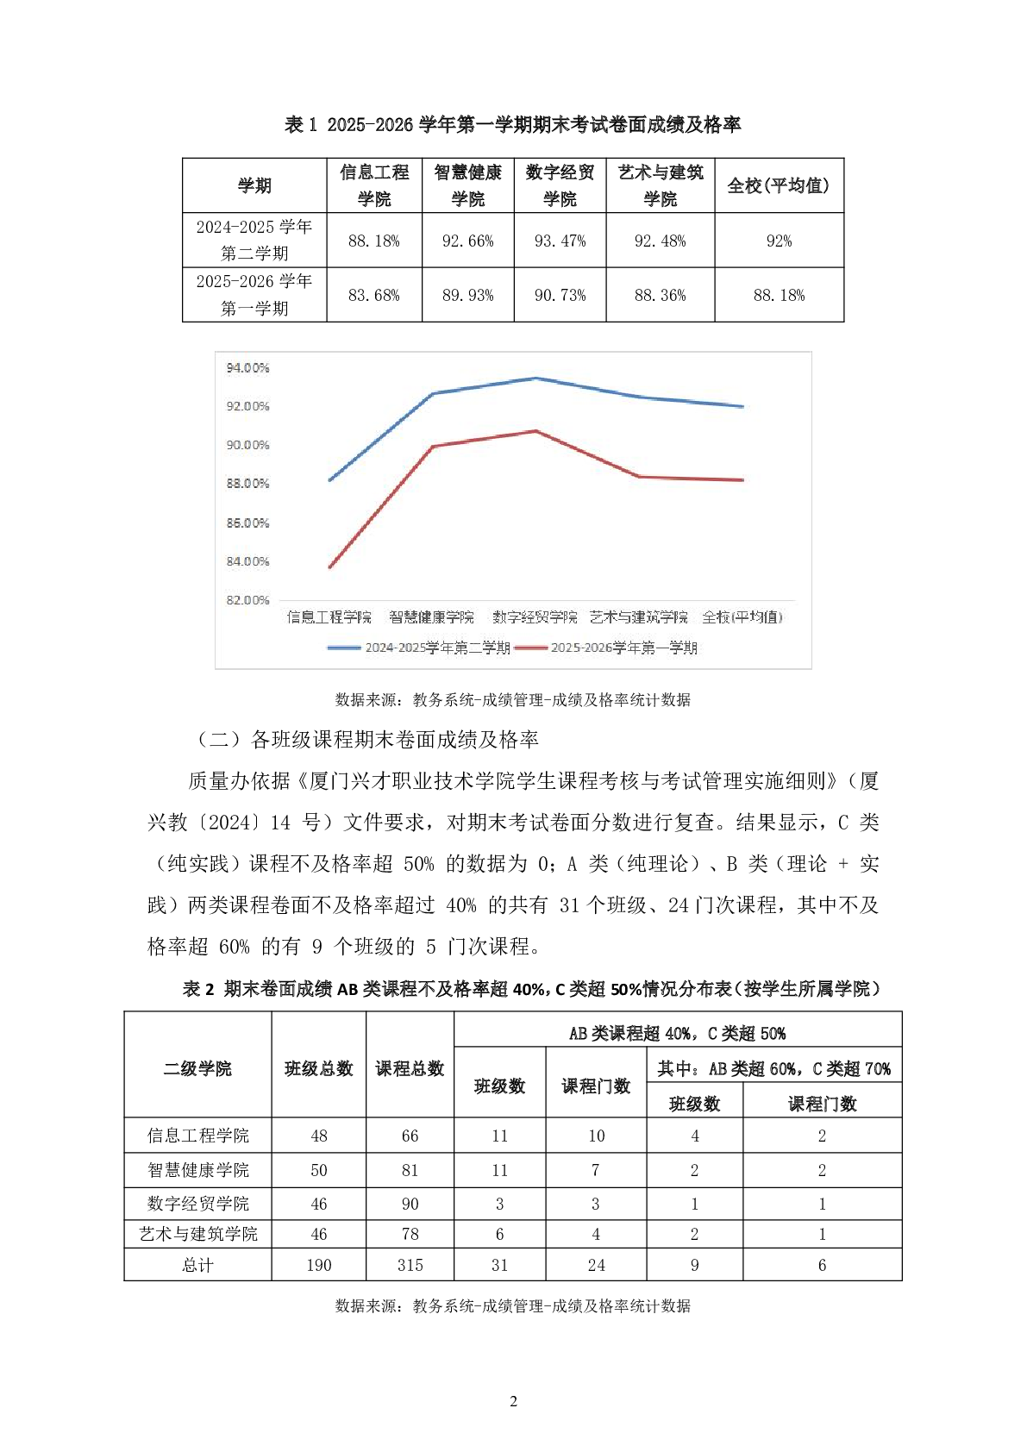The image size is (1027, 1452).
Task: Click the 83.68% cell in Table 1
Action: point(373,295)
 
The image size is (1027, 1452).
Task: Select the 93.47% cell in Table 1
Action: point(560,241)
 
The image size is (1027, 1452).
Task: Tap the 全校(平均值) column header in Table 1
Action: point(778,185)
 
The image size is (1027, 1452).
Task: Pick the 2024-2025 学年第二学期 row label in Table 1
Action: point(254,240)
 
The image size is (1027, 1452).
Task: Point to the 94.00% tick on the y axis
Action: point(247,368)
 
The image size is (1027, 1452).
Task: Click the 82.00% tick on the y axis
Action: point(247,600)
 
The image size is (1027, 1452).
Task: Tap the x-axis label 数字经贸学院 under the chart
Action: point(535,617)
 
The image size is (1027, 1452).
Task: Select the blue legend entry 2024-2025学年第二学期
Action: point(420,648)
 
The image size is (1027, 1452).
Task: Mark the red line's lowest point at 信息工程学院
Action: point(330,566)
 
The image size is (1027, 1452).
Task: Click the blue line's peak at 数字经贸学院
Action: point(535,379)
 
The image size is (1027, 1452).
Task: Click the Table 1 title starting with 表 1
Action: point(512,125)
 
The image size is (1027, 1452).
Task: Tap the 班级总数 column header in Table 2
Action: point(319,1069)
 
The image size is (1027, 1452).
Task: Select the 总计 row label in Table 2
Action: point(197,1265)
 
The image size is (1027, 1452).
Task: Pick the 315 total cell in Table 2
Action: point(410,1265)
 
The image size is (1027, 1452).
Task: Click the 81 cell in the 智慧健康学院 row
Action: point(410,1170)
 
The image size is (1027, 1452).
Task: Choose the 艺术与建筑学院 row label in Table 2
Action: point(197,1234)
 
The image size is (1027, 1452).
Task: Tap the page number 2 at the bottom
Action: point(514,1401)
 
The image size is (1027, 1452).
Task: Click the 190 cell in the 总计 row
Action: point(319,1265)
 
